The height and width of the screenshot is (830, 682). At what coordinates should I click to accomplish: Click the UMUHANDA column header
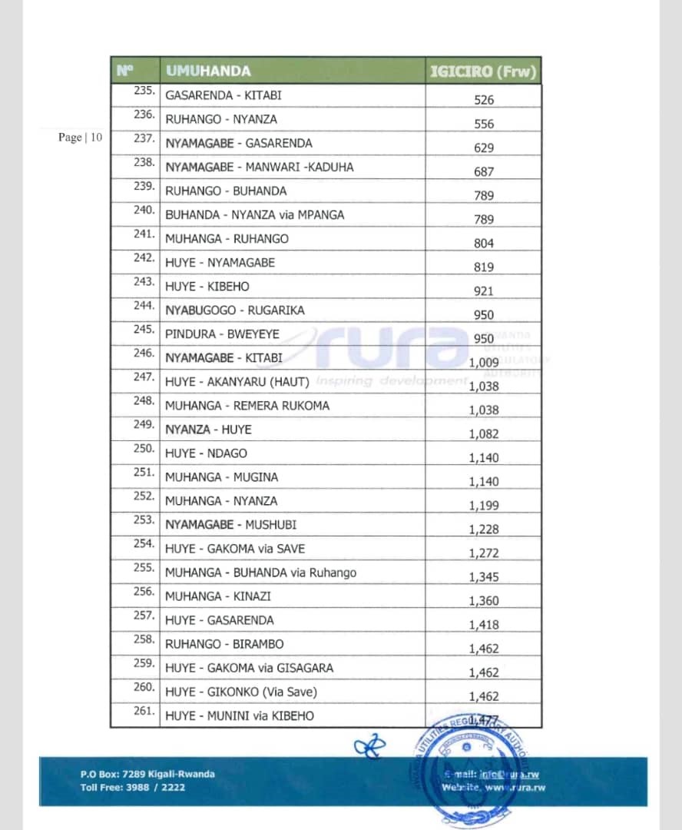point(208,71)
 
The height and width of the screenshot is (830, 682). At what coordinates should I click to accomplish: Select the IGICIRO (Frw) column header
point(483,71)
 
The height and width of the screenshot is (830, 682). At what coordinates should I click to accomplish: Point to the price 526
point(484,100)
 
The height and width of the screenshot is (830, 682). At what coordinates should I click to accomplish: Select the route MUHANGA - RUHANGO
point(227,239)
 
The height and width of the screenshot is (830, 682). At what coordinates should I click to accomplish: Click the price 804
point(484,244)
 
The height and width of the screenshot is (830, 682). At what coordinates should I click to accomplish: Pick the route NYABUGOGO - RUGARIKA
point(235,310)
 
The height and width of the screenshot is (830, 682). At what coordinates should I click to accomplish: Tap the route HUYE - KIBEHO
point(207,287)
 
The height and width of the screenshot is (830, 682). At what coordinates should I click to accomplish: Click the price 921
point(484,291)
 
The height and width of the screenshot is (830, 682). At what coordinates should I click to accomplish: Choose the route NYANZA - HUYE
point(208,430)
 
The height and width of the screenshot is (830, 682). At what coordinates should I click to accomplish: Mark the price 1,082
point(484,434)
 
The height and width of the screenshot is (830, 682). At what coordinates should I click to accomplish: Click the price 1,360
point(484,601)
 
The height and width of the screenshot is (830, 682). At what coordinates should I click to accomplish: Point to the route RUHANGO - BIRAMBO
point(224,644)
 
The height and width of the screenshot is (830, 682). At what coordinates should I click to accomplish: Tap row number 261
point(144,711)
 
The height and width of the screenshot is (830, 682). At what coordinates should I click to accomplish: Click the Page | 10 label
point(80,138)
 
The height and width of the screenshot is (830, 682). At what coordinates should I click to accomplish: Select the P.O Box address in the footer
point(147,774)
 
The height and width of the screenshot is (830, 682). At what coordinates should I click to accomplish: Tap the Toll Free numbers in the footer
point(132,787)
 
